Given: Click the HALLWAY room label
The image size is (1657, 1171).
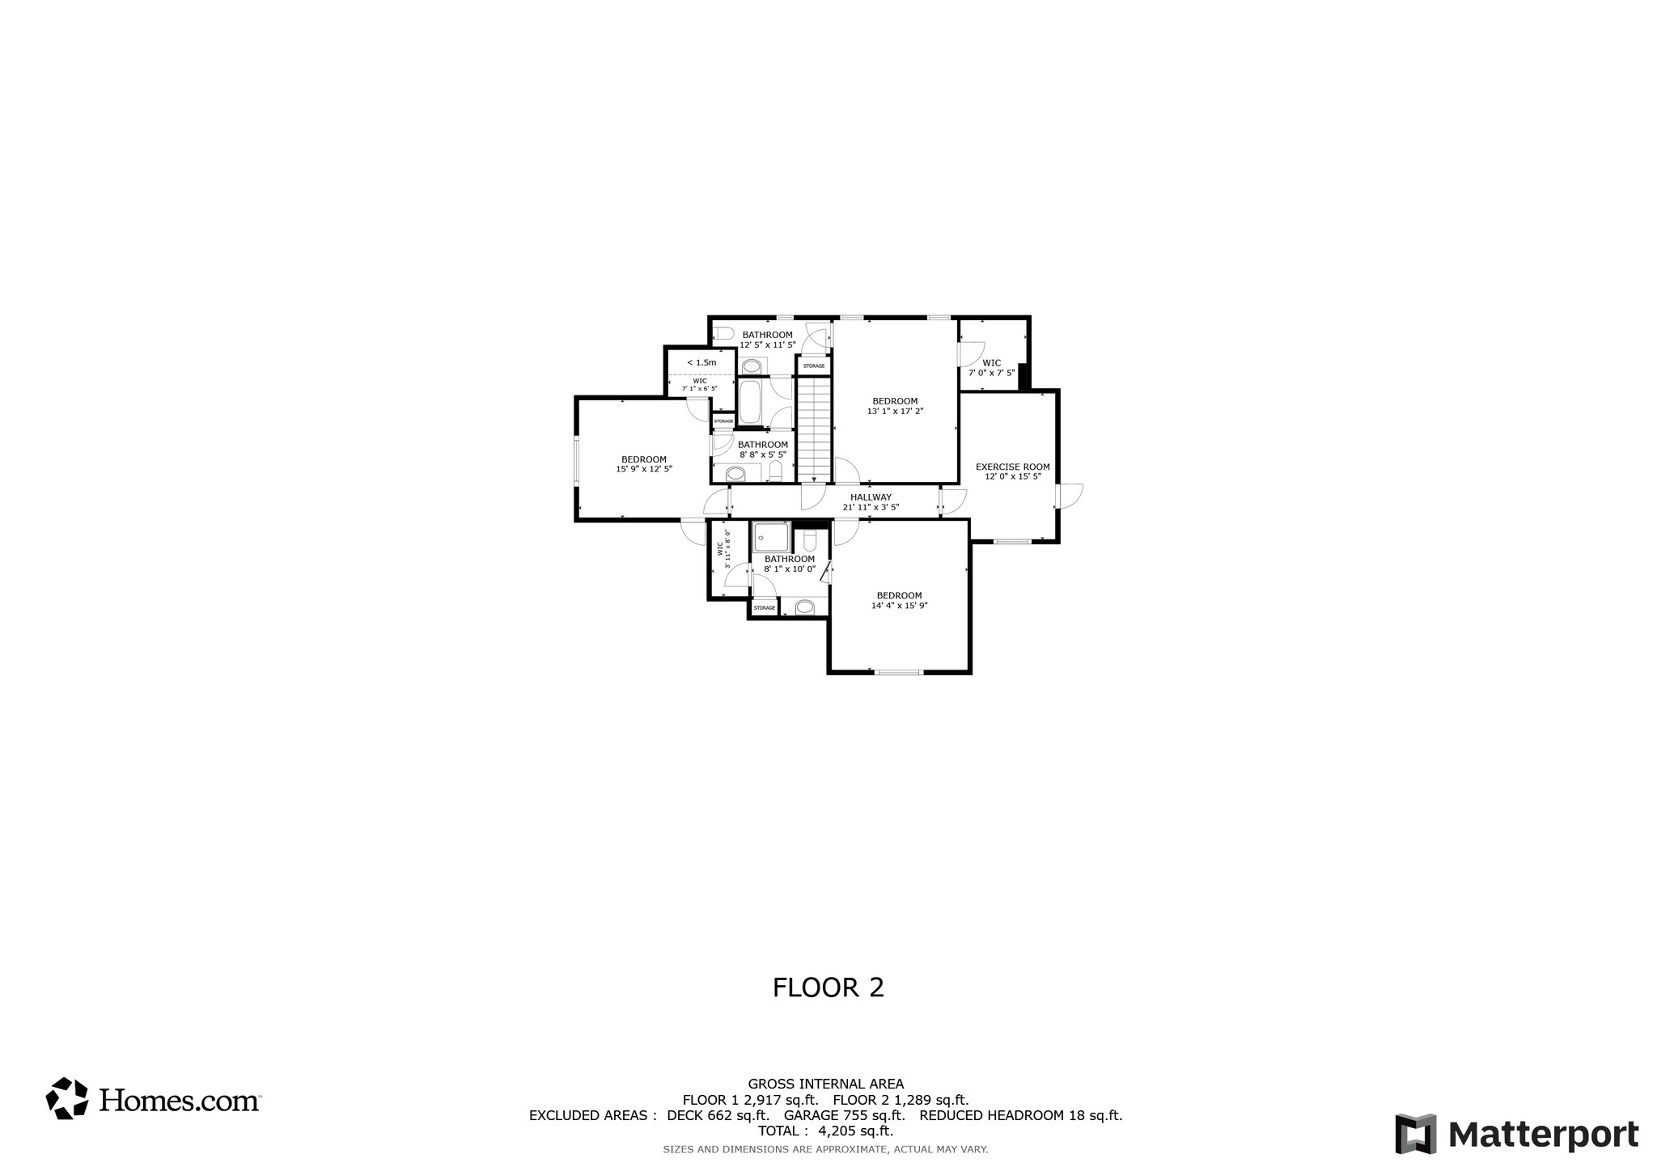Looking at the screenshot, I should pyautogui.click(x=871, y=497).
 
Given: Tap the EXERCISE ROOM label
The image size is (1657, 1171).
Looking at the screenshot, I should pyautogui.click(x=1012, y=467).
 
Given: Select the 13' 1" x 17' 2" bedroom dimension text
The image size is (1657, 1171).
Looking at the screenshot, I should pyautogui.click(x=895, y=411).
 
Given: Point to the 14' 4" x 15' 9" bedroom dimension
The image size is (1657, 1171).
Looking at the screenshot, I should pyautogui.click(x=899, y=605).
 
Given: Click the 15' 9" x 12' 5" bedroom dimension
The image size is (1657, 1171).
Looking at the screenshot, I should pyautogui.click(x=644, y=469).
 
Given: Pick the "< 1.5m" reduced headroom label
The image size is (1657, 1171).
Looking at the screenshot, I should pyautogui.click(x=701, y=362).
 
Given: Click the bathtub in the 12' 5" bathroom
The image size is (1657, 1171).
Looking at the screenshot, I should pyautogui.click(x=749, y=402).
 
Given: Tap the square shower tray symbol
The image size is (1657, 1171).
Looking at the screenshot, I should pyautogui.click(x=770, y=536).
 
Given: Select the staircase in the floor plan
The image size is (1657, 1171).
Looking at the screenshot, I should pyautogui.click(x=815, y=429).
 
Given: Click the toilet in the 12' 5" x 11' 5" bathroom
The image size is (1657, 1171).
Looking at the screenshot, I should pyautogui.click(x=724, y=332).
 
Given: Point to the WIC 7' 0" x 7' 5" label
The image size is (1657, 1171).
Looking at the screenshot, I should pyautogui.click(x=991, y=368).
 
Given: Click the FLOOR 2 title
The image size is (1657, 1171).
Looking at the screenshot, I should pyautogui.click(x=828, y=987).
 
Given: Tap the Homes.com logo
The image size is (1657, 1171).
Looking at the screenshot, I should pyautogui.click(x=153, y=1099).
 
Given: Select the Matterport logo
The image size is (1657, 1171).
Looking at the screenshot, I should pyautogui.click(x=1516, y=1134).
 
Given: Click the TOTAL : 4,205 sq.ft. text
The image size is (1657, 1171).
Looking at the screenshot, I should pyautogui.click(x=825, y=1131).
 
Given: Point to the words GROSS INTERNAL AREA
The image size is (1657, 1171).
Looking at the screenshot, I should pyautogui.click(x=825, y=1084).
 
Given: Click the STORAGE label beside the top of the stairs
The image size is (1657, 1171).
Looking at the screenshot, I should pyautogui.click(x=814, y=366).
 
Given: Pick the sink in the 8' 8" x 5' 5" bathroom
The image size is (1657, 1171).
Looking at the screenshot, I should pyautogui.click(x=736, y=473).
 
